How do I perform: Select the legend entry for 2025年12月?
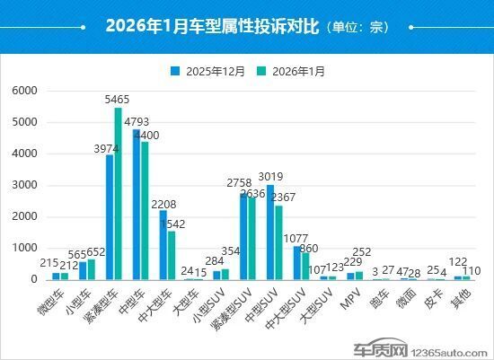coord(212,71)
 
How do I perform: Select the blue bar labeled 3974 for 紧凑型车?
coord(110,217)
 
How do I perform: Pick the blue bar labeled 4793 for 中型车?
coord(137,205)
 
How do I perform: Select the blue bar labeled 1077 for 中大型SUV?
coord(297,263)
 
